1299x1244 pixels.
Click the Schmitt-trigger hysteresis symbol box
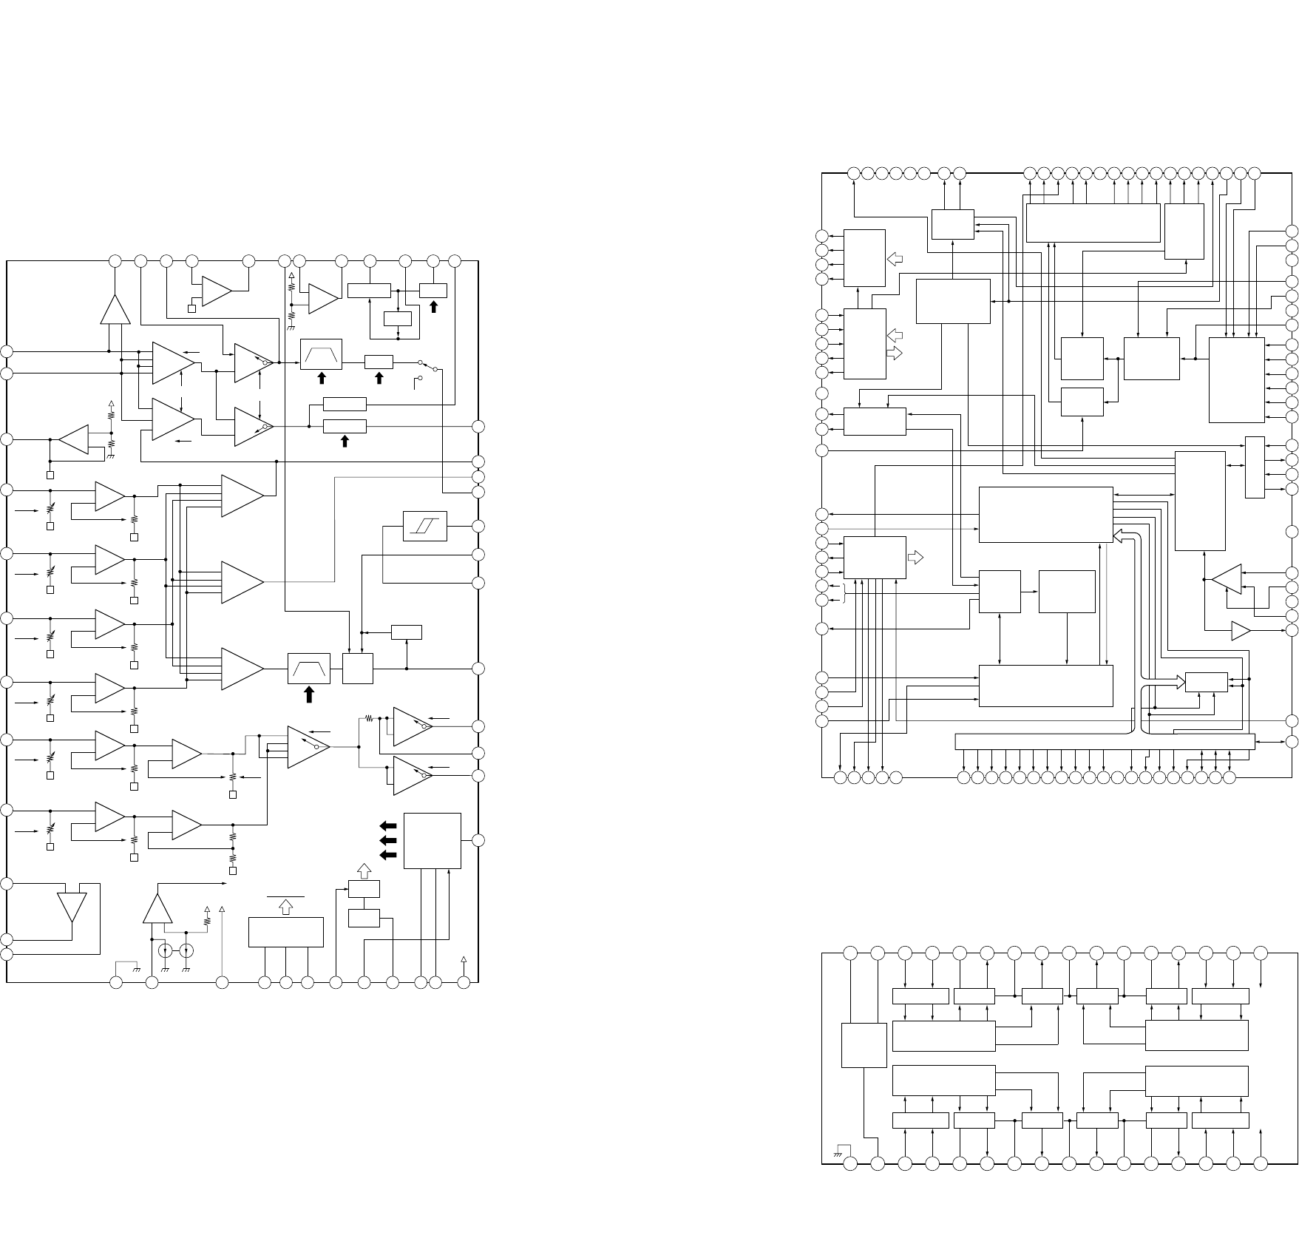tap(425, 526)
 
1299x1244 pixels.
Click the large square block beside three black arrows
tap(433, 840)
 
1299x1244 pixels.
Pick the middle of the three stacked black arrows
tap(387, 840)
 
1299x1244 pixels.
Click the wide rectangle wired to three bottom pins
tap(285, 931)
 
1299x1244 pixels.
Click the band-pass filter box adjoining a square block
tap(309, 669)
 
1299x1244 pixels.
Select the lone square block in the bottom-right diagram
tap(864, 1045)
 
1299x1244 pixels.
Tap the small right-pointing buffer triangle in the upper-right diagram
tap(1240, 631)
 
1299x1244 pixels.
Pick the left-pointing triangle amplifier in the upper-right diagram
tap(1227, 579)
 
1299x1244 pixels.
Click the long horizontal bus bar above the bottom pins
tap(1105, 741)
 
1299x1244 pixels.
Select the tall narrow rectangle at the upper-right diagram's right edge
tap(1255, 467)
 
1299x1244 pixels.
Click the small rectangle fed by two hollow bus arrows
tap(1206, 683)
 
